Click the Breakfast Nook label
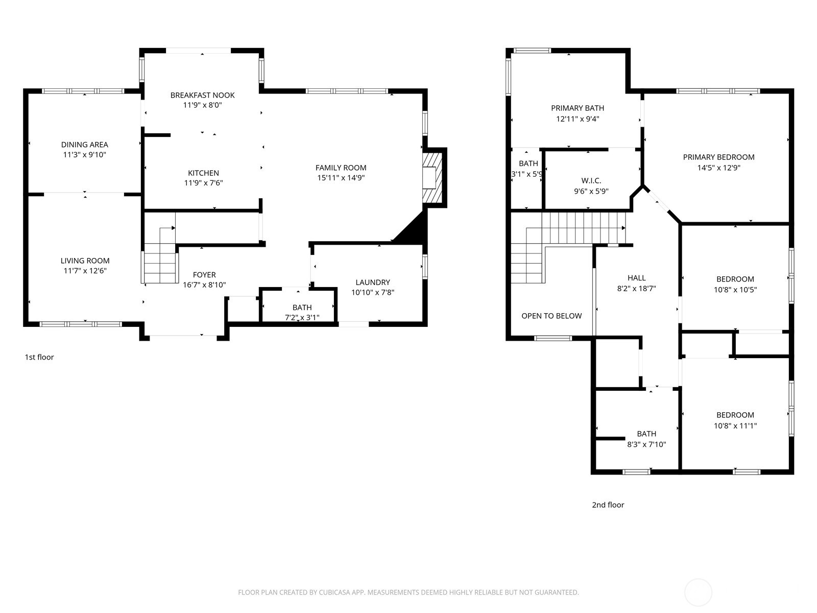[202, 95]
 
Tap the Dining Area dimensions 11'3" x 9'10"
[84, 155]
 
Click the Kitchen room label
[203, 173]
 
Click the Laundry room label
[373, 282]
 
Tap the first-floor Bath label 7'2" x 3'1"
[302, 317]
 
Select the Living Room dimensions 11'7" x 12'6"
[84, 271]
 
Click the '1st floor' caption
[39, 357]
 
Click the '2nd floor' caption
[608, 505]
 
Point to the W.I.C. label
[591, 181]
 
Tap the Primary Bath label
[578, 108]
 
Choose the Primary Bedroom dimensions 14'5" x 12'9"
[718, 168]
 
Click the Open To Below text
[551, 316]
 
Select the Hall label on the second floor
[636, 278]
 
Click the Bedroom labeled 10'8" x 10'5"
[735, 279]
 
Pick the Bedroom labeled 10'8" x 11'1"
[735, 415]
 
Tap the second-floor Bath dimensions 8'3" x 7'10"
[646, 444]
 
